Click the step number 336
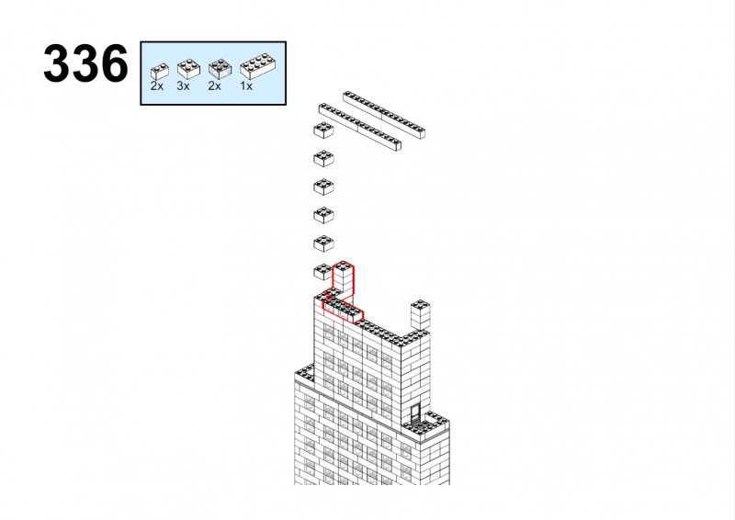point(85,63)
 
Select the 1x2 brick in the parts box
point(159,72)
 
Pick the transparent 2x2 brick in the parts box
point(220,69)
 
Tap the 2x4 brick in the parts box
point(258,66)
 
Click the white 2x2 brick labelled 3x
point(188,69)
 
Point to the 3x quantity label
point(183,86)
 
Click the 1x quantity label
point(246,86)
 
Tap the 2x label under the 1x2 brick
point(157,86)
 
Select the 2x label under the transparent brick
point(215,86)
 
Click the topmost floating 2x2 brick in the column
point(323,130)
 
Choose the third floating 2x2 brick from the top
point(323,187)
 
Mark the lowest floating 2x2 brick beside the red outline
point(322,272)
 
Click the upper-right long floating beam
point(384,115)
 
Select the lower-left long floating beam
point(359,127)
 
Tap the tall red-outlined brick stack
point(343,280)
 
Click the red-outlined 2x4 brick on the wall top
point(343,311)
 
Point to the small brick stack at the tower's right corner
point(421,314)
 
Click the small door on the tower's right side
point(415,413)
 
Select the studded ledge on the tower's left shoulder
point(305,373)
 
